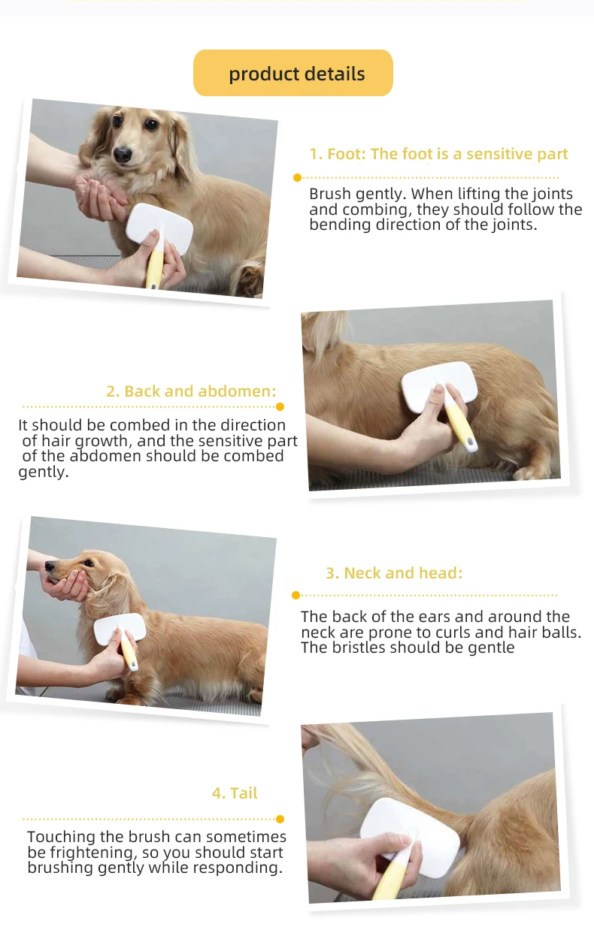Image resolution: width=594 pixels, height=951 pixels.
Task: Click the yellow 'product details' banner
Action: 292,73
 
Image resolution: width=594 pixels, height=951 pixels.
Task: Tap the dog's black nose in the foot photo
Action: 123,154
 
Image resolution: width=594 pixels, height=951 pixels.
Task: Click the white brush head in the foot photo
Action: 159,228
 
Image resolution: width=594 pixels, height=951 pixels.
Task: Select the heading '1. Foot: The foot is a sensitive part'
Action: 438,154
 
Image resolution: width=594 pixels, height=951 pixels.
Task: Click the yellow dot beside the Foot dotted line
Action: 298,177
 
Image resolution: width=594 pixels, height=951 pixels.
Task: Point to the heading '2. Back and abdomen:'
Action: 191,391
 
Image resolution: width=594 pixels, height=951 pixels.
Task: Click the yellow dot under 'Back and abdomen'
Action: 280,406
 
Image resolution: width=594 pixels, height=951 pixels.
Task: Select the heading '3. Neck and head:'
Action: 394,573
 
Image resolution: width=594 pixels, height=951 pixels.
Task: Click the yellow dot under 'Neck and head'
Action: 296,595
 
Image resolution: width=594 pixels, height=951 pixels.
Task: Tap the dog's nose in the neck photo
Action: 50,566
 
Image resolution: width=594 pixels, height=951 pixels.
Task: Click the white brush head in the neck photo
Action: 120,628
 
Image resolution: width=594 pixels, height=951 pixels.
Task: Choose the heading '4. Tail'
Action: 235,793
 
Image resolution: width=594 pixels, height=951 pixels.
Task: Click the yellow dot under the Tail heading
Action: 280,819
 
